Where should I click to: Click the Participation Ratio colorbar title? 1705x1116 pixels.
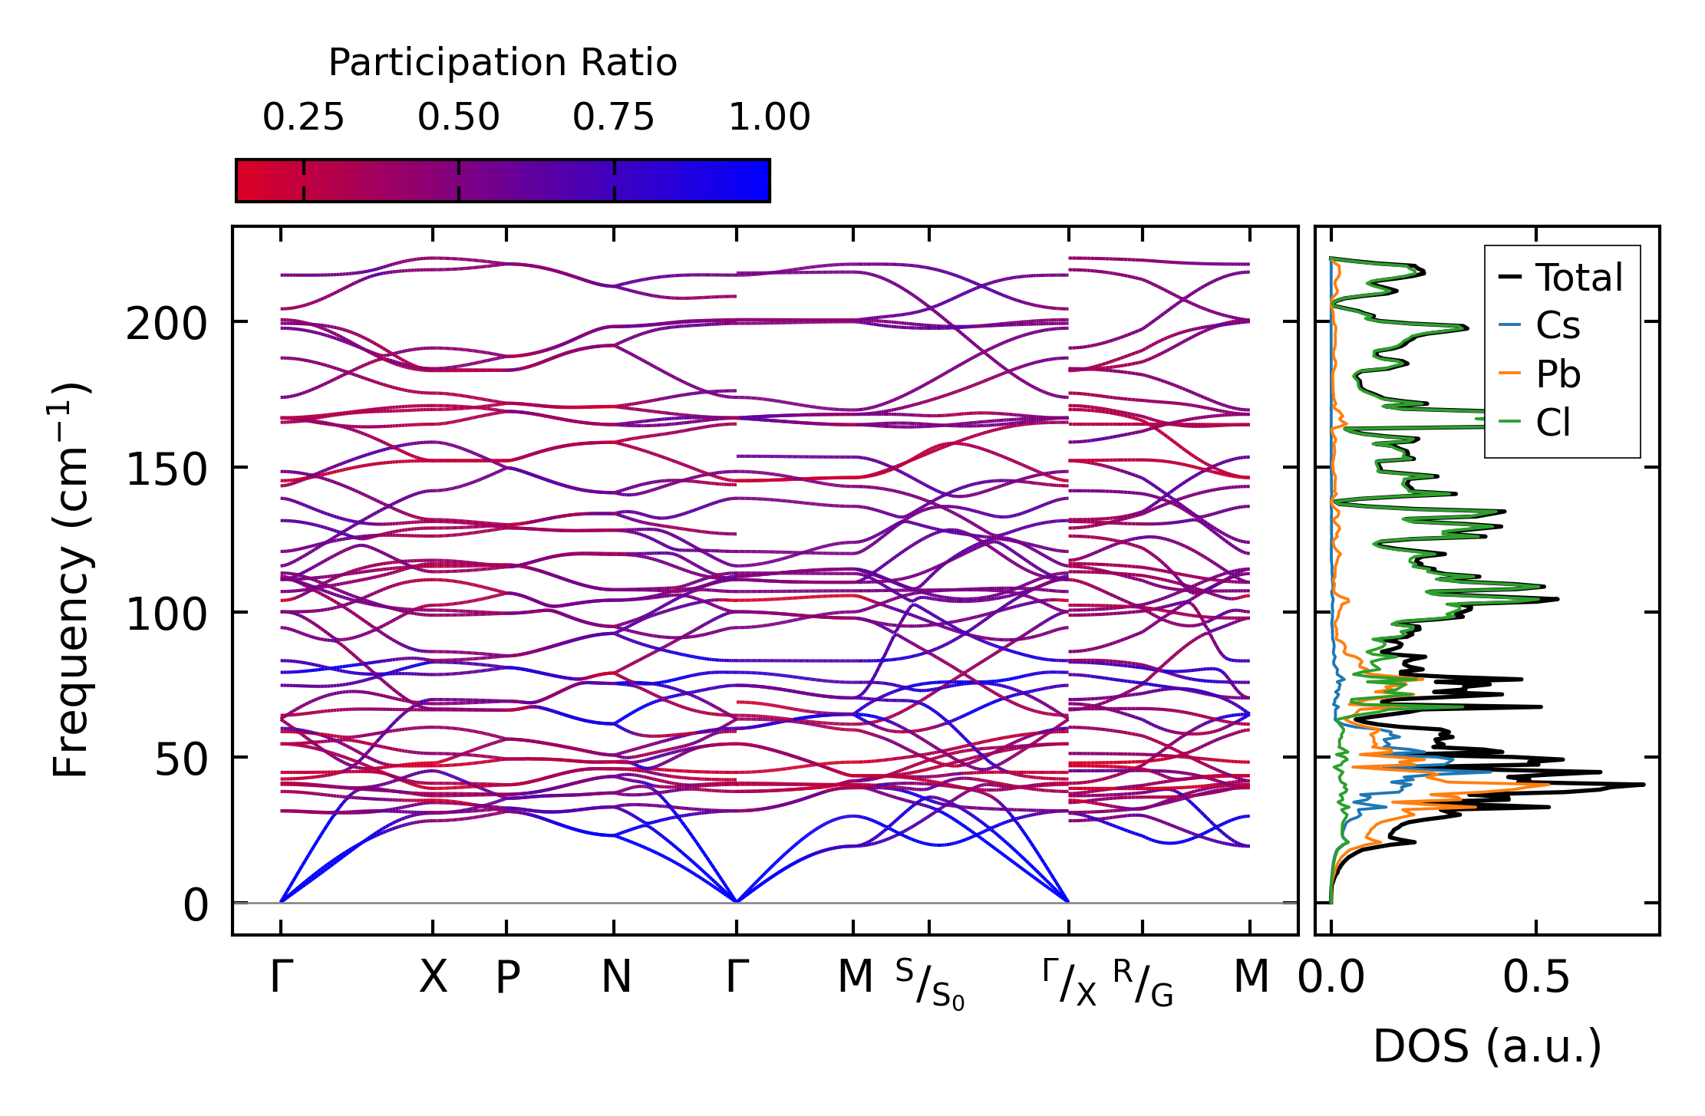point(503,63)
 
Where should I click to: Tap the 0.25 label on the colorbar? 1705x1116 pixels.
point(303,117)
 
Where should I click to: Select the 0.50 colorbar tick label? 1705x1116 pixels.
point(459,117)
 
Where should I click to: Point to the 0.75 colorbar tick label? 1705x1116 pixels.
point(614,117)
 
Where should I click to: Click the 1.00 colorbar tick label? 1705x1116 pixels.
point(769,117)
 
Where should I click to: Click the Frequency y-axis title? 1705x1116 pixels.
point(71,580)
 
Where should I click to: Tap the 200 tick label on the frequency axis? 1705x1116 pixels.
point(167,324)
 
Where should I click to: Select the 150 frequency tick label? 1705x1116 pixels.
point(167,469)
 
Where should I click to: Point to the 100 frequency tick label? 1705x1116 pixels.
point(167,614)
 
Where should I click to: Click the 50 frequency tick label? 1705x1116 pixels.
point(181,759)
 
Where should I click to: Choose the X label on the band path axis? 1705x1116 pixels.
point(433,977)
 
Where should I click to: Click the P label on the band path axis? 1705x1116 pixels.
point(507,977)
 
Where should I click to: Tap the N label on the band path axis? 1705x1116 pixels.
point(615,977)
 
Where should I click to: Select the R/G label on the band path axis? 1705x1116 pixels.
point(1143,983)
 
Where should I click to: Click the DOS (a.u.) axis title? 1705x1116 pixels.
point(1487,1046)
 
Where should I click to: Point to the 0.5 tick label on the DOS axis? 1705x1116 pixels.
point(1535,977)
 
